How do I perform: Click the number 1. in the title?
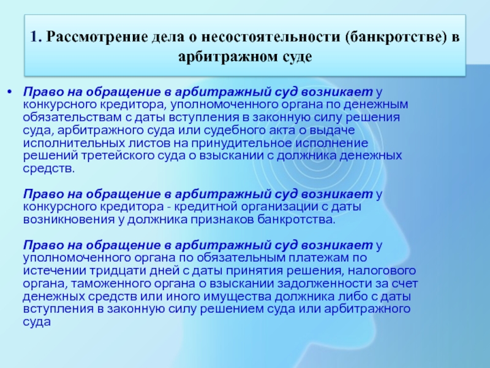[36, 37]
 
